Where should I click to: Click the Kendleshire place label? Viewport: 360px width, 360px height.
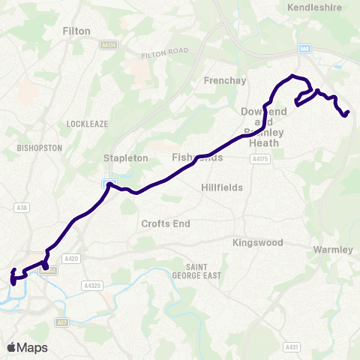(x=315, y=8)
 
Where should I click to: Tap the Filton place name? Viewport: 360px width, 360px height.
(x=76, y=31)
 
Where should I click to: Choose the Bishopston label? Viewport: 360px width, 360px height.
(x=38, y=148)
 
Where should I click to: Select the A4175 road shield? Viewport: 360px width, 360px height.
(x=261, y=159)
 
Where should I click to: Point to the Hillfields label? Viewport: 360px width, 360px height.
(x=222, y=187)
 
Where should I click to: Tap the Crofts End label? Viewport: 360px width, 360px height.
(x=166, y=223)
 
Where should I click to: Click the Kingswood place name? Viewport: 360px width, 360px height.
(x=257, y=243)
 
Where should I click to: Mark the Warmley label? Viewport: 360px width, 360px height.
(x=332, y=250)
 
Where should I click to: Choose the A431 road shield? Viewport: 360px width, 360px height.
(x=292, y=347)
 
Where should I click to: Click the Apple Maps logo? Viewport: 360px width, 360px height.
(x=27, y=347)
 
